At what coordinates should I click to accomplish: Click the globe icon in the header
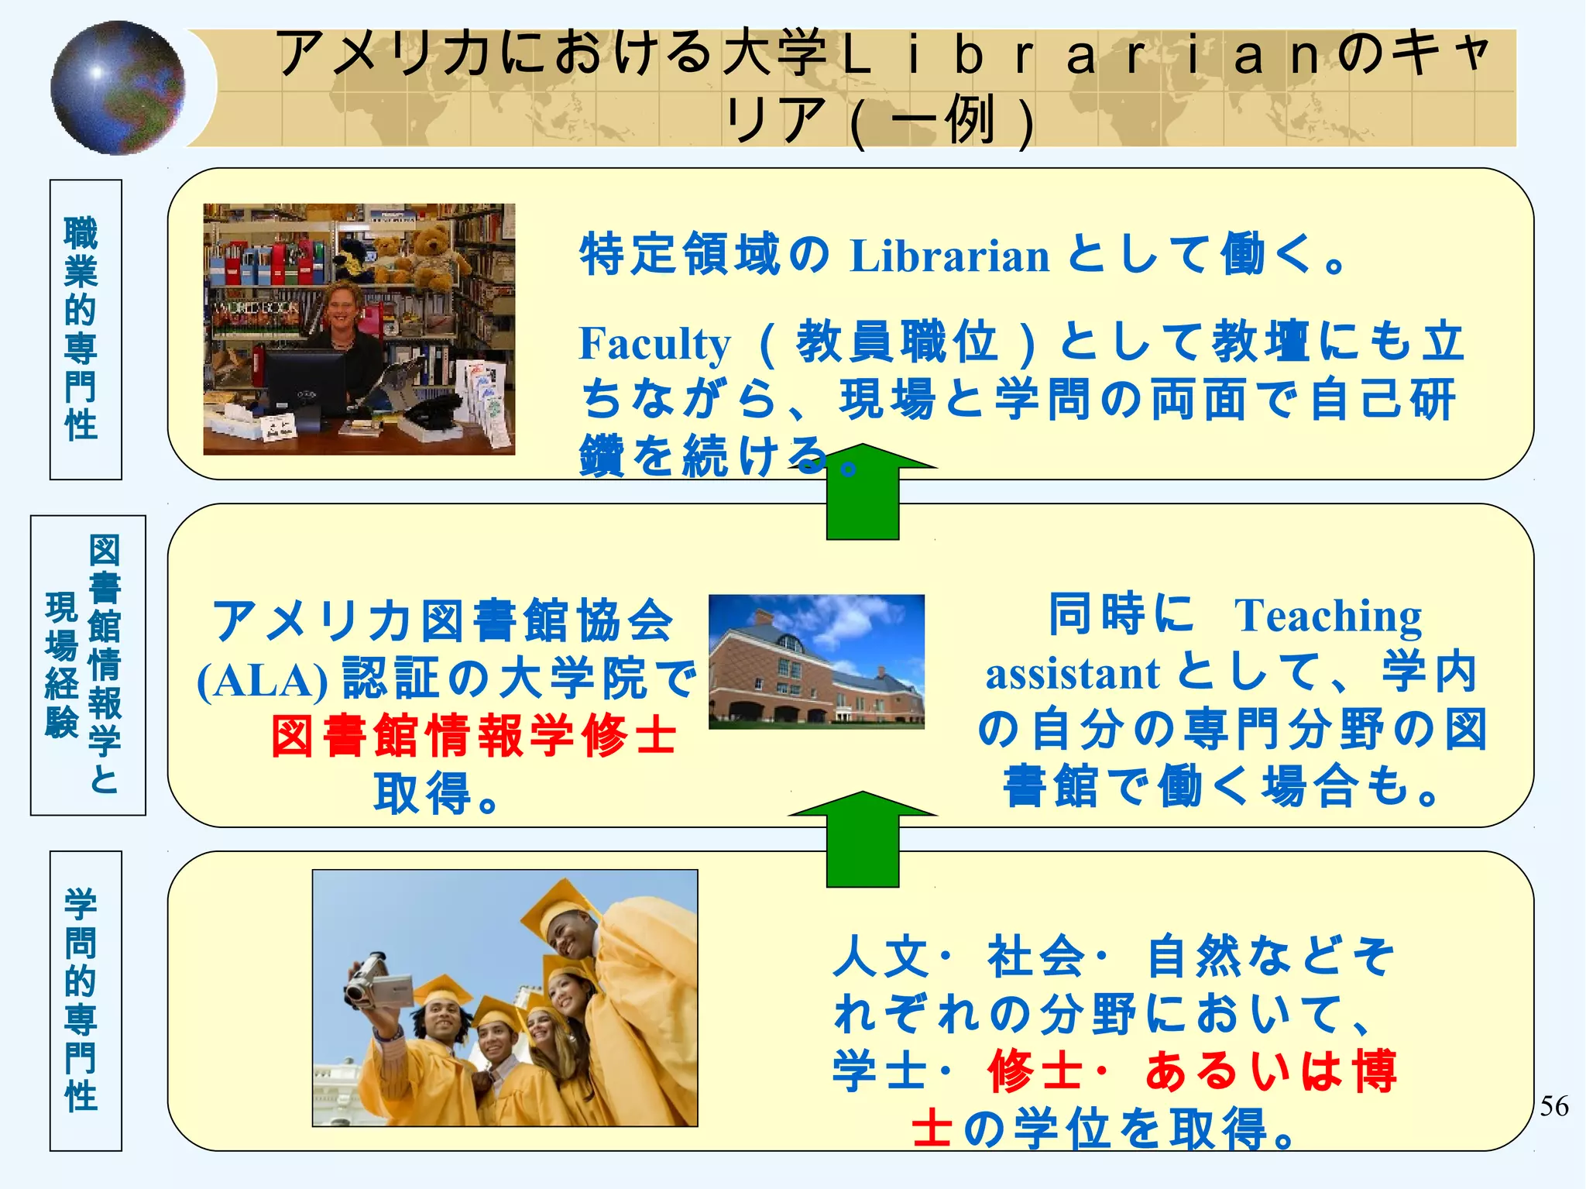[118, 88]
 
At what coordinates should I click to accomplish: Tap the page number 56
[1553, 1106]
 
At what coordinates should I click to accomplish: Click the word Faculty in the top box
[654, 344]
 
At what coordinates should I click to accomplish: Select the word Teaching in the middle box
[1327, 617]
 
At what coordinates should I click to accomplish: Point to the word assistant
[1072, 674]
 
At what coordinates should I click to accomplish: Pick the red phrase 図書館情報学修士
[474, 736]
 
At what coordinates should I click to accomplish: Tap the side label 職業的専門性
[82, 329]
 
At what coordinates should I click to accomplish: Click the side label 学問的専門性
[82, 1000]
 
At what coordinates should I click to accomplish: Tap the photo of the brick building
[816, 662]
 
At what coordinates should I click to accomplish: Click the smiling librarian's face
[340, 308]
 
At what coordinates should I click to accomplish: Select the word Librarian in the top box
[949, 256]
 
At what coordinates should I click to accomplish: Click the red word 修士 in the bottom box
[1035, 1071]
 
